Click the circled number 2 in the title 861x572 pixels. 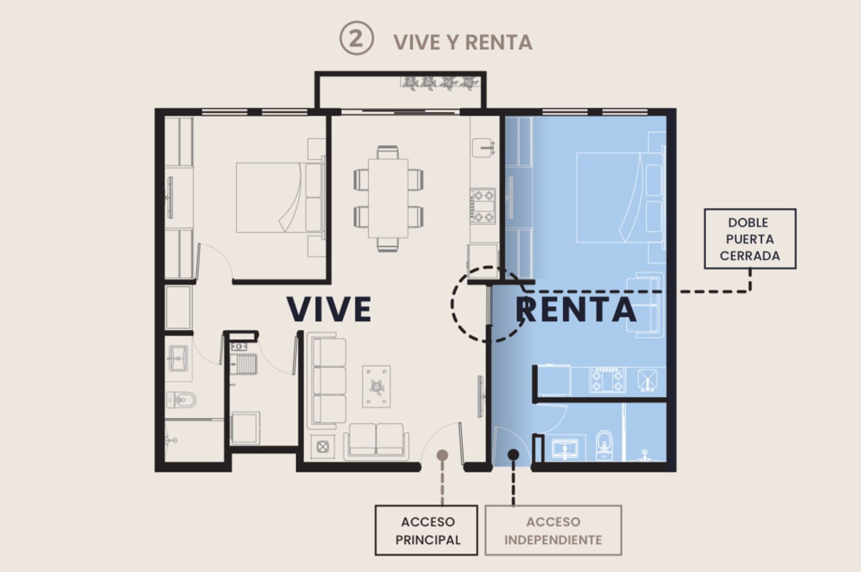(x=356, y=38)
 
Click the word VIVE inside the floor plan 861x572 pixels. (x=329, y=309)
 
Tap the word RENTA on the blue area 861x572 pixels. (x=576, y=310)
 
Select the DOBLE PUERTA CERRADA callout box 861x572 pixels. (x=750, y=238)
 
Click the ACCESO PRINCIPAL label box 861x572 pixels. (x=427, y=530)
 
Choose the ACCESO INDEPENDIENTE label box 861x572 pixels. (x=553, y=530)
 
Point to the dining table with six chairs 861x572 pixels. (x=388, y=199)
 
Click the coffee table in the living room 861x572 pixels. (x=376, y=387)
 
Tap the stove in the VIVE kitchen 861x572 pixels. (x=483, y=206)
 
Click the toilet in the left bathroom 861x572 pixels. (x=181, y=400)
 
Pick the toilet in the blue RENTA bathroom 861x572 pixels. (x=605, y=445)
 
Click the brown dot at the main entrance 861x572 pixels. (x=442, y=455)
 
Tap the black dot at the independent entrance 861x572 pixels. (x=513, y=455)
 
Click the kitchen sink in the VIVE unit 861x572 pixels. (x=483, y=148)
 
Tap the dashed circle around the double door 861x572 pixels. (x=452, y=304)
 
